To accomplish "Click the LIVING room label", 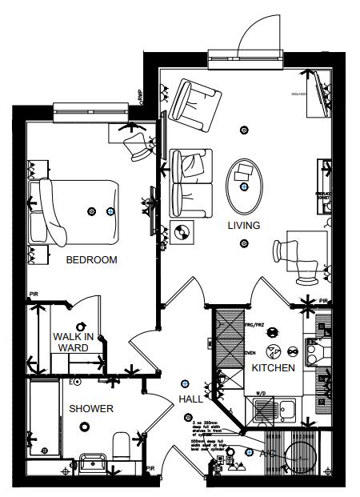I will tap(243, 226).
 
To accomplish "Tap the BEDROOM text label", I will tap(91, 260).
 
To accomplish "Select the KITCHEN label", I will tap(274, 368).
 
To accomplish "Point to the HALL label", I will tap(190, 399).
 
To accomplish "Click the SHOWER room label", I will tap(90, 409).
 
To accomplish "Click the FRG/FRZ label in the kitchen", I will tap(254, 326).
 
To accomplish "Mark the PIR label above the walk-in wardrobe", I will tap(34, 295).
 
